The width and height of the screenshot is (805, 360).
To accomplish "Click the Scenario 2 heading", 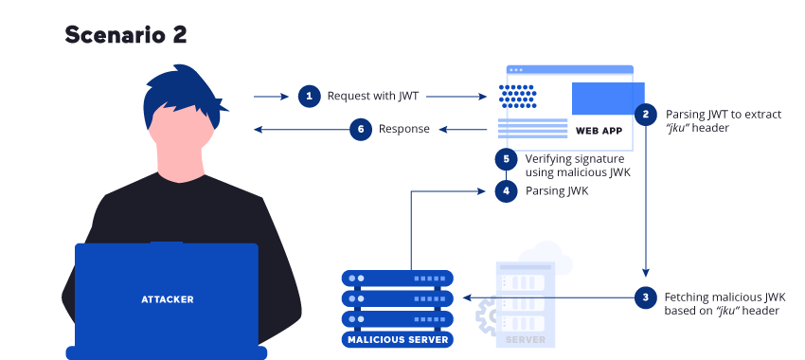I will [x=126, y=35].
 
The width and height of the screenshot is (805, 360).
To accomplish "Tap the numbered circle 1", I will [x=309, y=96].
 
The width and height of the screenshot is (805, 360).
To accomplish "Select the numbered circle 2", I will [x=646, y=114].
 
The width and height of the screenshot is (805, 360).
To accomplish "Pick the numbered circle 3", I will [x=646, y=297].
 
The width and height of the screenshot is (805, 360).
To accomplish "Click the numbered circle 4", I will [x=507, y=190].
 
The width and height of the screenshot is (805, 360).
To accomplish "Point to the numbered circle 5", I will [x=507, y=159].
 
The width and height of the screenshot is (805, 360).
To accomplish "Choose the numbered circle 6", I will [x=359, y=130].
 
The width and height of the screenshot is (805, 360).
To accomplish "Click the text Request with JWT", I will [x=372, y=96].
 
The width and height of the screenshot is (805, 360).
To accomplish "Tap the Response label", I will [x=404, y=129].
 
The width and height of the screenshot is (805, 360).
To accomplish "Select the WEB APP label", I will [x=599, y=130].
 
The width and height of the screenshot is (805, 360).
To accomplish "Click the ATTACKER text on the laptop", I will [x=167, y=299].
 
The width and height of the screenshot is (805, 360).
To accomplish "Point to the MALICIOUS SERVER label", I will [x=398, y=339].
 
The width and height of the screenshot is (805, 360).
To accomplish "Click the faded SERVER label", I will [x=526, y=339].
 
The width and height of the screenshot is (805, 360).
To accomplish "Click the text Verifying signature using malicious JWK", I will [x=577, y=166].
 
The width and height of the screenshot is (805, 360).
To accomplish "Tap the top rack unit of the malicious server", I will [x=398, y=279].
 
